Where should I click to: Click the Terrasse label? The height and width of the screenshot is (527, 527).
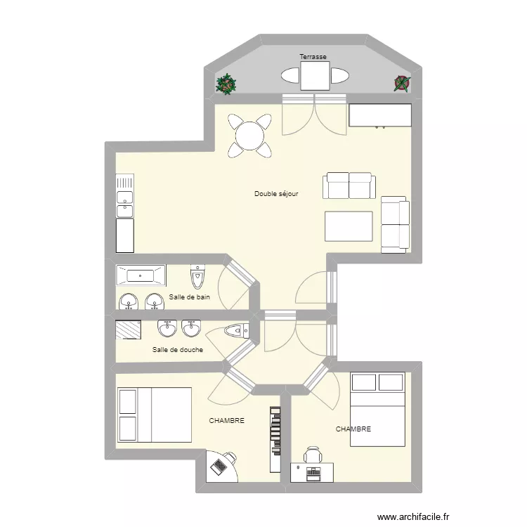(313, 57)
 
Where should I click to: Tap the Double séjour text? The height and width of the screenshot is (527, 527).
(276, 194)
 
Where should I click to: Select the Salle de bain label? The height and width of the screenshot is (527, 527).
(189, 297)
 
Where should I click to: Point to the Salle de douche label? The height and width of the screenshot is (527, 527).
(178, 349)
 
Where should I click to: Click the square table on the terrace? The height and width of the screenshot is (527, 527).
(315, 76)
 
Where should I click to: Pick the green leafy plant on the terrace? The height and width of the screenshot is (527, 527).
(226, 84)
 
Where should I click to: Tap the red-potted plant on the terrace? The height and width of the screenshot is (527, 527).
(403, 84)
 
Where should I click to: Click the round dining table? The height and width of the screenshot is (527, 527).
(249, 136)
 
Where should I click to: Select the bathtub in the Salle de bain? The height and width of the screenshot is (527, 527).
(141, 275)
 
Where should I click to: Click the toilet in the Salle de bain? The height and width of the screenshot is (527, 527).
(197, 277)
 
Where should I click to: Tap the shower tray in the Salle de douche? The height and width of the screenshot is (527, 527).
(129, 330)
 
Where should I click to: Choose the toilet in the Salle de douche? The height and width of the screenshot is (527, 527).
(237, 331)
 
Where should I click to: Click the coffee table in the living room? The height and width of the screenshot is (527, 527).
(349, 226)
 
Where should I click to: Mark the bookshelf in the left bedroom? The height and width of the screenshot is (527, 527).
(275, 440)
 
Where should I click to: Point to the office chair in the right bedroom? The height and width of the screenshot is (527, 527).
(313, 455)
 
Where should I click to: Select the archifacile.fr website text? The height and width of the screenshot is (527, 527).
(413, 516)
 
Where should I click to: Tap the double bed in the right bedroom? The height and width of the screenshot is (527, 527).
(377, 410)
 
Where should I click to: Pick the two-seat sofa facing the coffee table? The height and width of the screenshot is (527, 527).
(349, 186)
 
